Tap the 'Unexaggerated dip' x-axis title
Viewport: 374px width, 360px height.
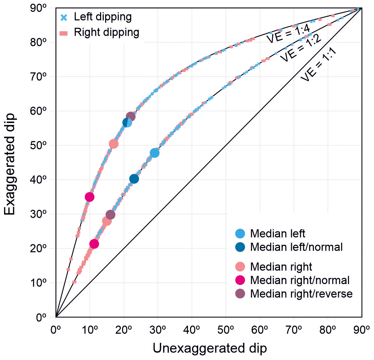(210, 349)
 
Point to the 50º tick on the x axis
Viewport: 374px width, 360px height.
(226, 329)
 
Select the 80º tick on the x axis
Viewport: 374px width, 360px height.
(328, 329)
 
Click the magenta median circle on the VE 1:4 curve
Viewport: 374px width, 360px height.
(90, 197)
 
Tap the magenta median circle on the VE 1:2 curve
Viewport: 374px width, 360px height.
(94, 244)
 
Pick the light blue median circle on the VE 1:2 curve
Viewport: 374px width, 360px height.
(155, 153)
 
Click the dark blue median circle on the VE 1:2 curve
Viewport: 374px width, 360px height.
(134, 179)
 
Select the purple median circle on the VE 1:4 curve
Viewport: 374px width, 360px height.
(131, 117)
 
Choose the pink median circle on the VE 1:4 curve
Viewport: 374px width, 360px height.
(114, 144)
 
